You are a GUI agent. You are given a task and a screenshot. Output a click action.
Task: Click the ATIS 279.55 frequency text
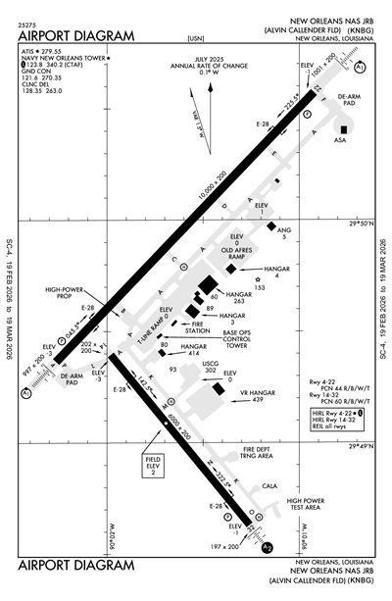(43, 50)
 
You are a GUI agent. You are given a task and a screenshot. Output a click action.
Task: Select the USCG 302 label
(209, 369)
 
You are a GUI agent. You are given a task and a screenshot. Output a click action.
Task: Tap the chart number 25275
(28, 23)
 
